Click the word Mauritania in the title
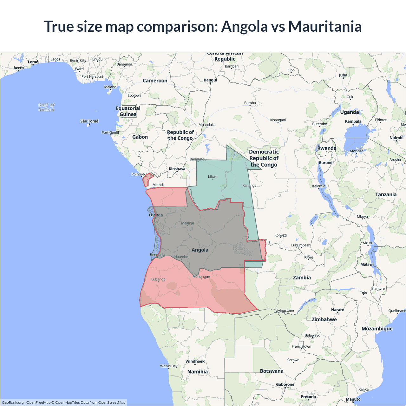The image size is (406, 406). pyautogui.click(x=325, y=26)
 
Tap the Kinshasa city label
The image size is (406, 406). pyautogui.click(x=177, y=169)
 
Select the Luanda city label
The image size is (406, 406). pyautogui.click(x=156, y=215)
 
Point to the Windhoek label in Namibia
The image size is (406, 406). pyautogui.click(x=195, y=361)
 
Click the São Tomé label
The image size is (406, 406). pyautogui.click(x=89, y=121)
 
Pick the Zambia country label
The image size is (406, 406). pyautogui.click(x=302, y=278)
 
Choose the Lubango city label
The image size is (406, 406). pyautogui.click(x=158, y=279)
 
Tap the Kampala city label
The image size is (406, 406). pyautogui.click(x=353, y=121)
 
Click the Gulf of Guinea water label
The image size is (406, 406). pyautogui.click(x=46, y=107)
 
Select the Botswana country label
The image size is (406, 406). pyautogui.click(x=272, y=371)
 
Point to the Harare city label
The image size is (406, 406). pyautogui.click(x=337, y=310)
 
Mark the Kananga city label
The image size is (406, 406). pyautogui.click(x=249, y=186)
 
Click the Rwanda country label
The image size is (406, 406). pyautogui.click(x=327, y=148)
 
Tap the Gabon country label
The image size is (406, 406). pyautogui.click(x=140, y=137)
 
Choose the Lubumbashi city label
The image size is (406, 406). pyautogui.click(x=301, y=245)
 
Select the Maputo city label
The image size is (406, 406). pyautogui.click(x=353, y=399)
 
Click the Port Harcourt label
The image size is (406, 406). pyautogui.click(x=92, y=76)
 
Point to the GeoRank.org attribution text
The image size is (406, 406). pyautogui.click(x=13, y=403)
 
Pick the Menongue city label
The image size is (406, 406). pyautogui.click(x=201, y=277)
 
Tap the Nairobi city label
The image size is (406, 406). pyautogui.click(x=396, y=138)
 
